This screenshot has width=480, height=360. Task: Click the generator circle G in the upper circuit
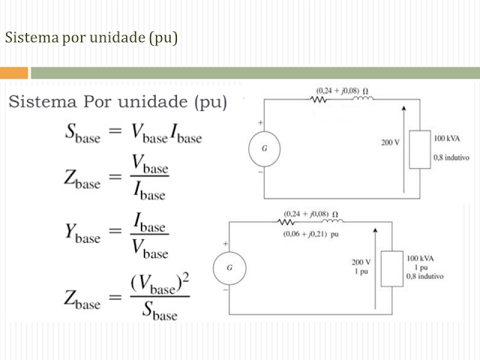coord(264,148)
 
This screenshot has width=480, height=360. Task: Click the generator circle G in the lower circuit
coord(229,268)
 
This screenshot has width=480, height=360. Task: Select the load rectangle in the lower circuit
coord(390,268)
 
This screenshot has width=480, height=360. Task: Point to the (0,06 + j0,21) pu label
coord(311,234)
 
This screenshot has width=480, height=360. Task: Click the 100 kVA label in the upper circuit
coord(448,139)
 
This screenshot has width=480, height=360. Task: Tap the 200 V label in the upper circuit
coord(390,142)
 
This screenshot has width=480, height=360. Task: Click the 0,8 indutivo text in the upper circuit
coord(450,157)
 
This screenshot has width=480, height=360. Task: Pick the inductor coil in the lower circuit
coord(333,221)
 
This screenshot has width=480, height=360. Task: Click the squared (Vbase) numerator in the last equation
coord(160,283)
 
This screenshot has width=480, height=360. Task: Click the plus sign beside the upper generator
coord(260,122)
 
